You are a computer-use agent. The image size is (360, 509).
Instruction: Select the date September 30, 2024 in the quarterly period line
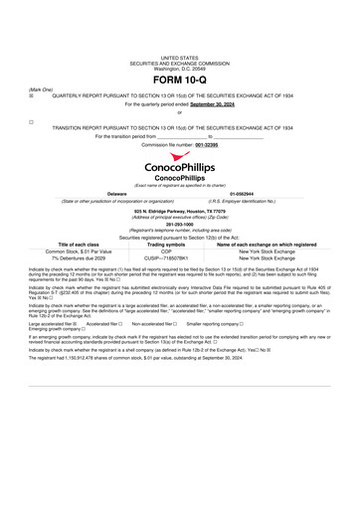[217, 102]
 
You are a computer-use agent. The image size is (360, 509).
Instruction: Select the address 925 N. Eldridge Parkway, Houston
[179, 211]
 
